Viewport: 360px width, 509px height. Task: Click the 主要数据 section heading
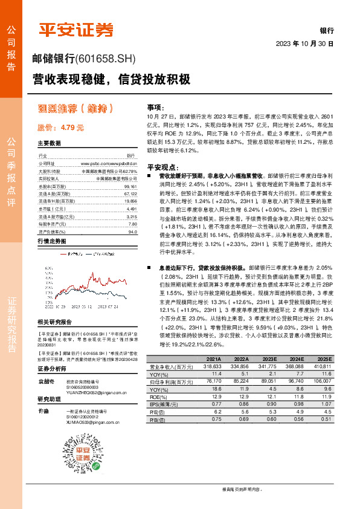(x=49, y=143)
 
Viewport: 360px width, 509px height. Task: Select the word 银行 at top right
(x=327, y=30)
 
